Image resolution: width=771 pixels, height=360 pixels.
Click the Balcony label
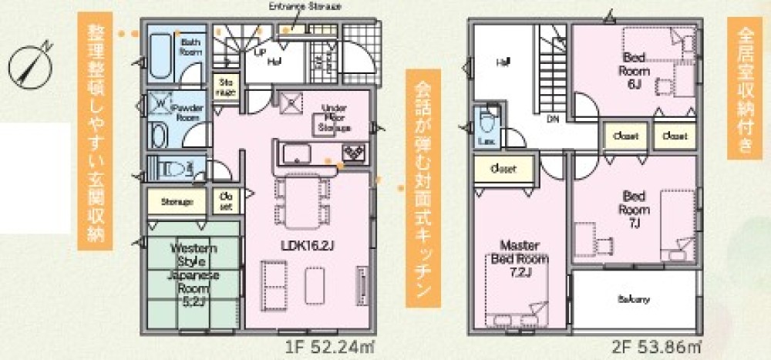coord(632,298)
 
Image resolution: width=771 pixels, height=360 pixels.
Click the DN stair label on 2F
coord(553,119)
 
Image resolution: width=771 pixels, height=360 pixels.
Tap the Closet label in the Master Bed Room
coord(502,167)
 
